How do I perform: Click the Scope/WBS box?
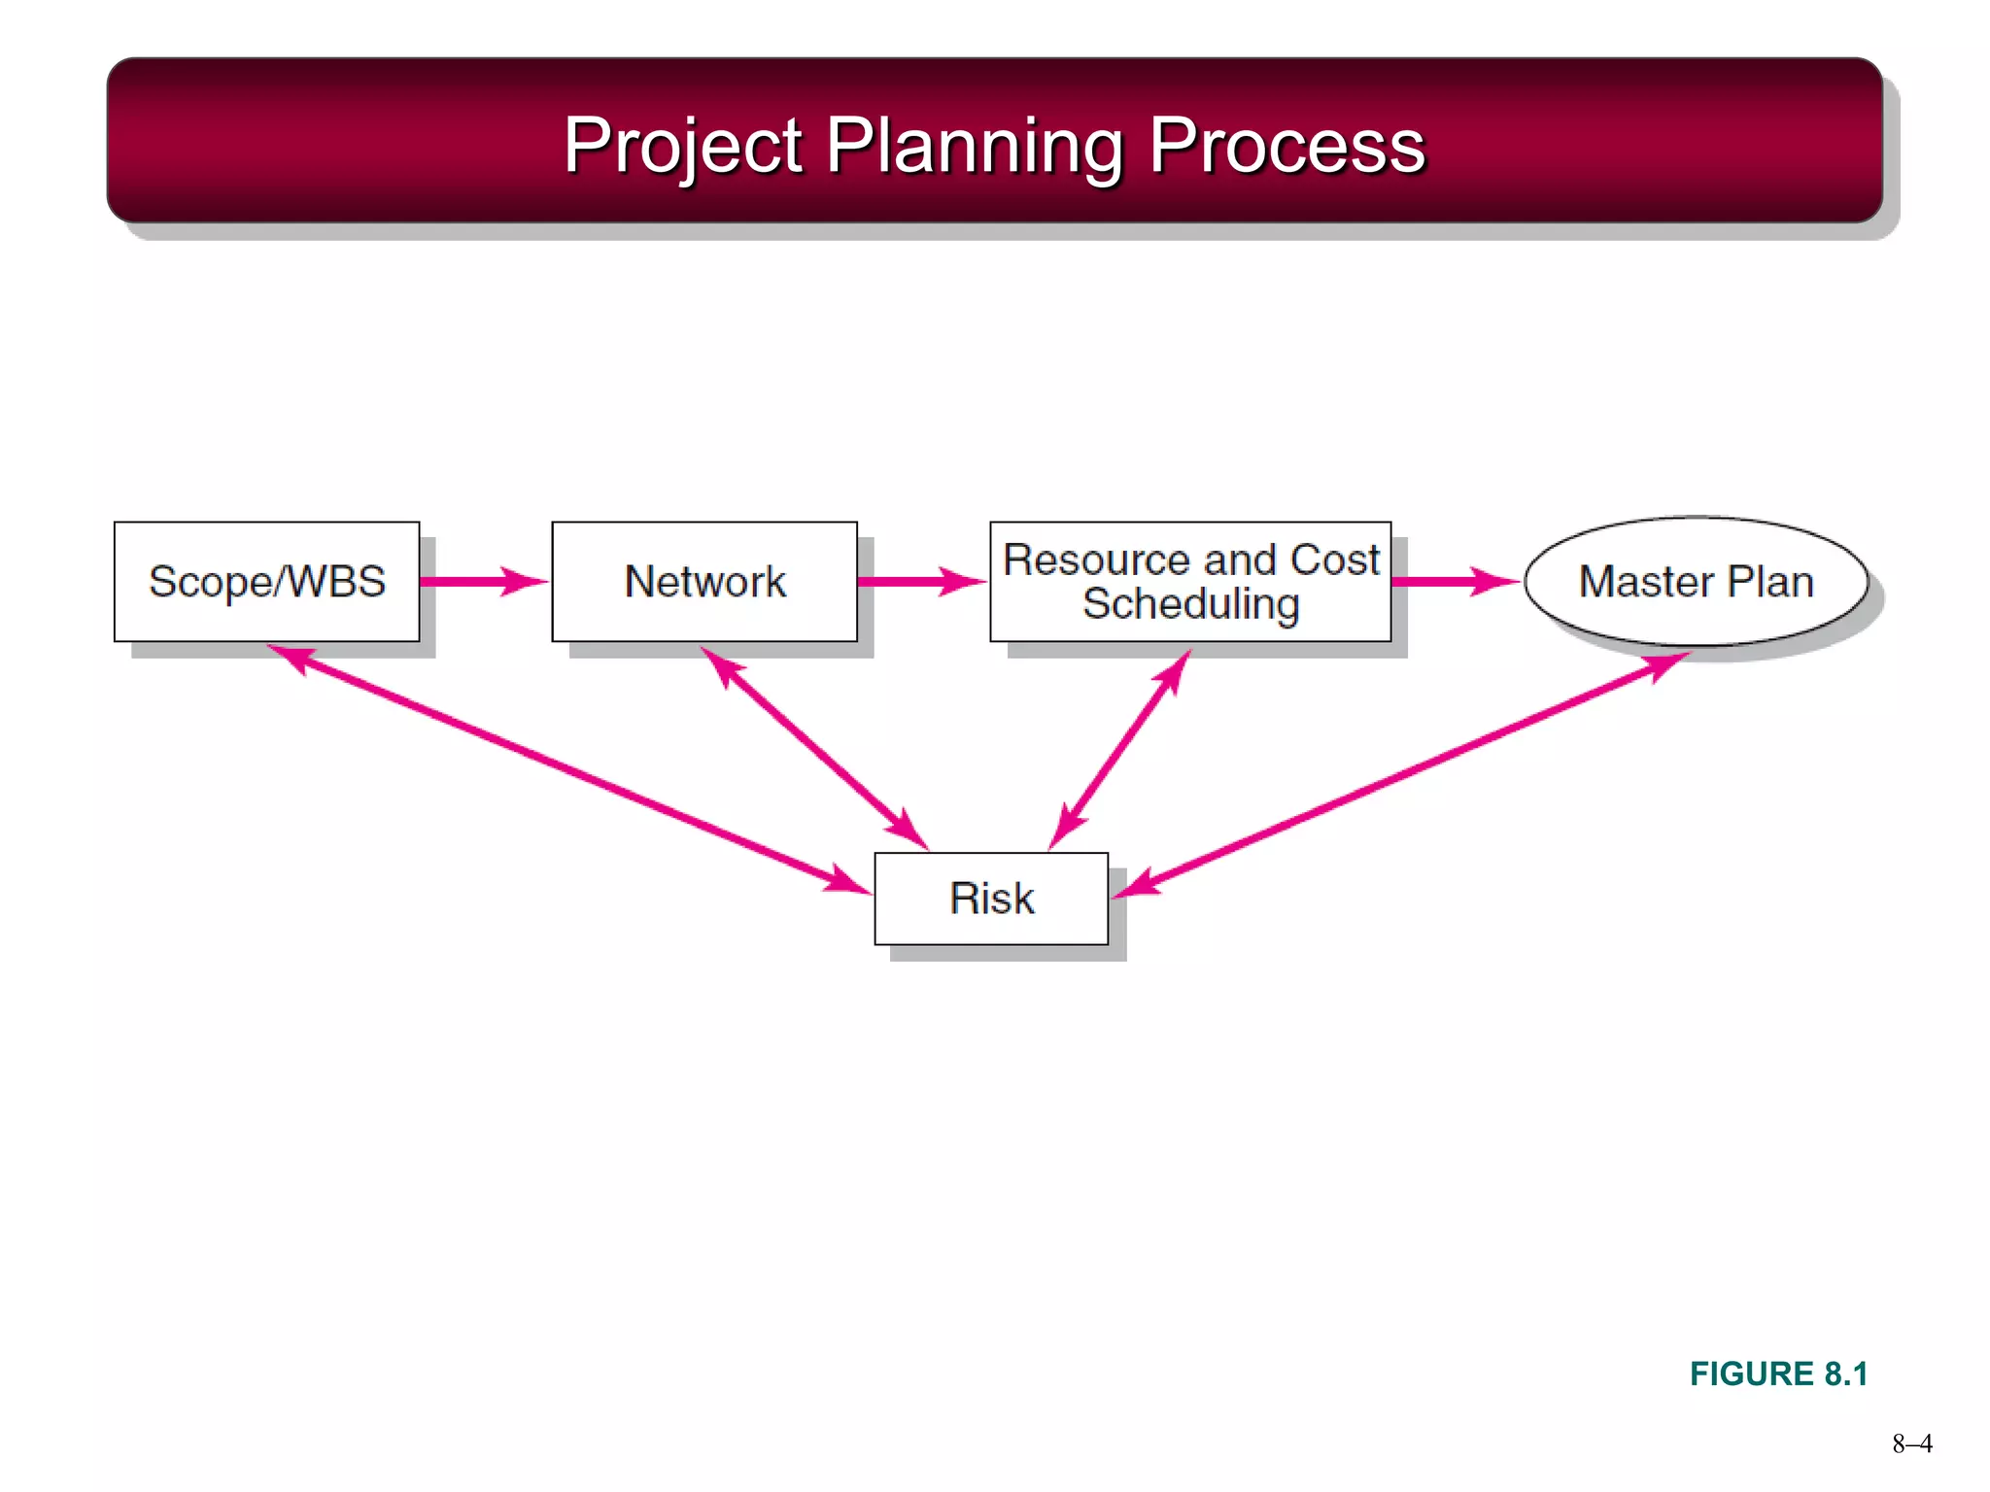[266, 581]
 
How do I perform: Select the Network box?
[703, 581]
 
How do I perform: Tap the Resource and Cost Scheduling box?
[1190, 581]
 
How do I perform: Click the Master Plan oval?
[1696, 581]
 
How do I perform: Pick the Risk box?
[991, 898]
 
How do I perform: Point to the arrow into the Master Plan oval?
[1454, 581]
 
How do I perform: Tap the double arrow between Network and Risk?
[814, 749]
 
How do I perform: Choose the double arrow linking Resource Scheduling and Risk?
[1120, 750]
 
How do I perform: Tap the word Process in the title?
[1287, 146]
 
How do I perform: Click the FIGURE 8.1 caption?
[1778, 1373]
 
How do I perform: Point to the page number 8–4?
[1911, 1443]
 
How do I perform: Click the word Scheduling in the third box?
[1190, 604]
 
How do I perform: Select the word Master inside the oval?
[1644, 581]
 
